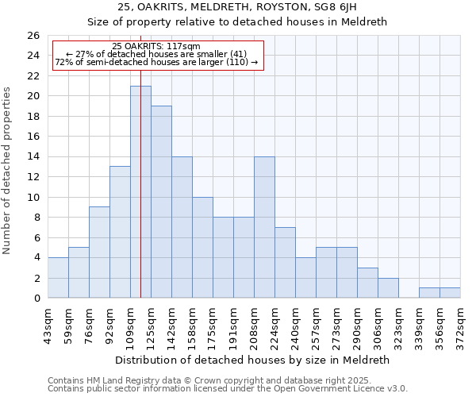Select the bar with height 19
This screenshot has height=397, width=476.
pyautogui.click(x=161, y=202)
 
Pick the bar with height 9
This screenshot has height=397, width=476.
pyautogui.click(x=99, y=252)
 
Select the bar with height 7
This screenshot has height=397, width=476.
pyautogui.click(x=285, y=263)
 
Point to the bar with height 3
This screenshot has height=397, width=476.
pyautogui.click(x=367, y=283)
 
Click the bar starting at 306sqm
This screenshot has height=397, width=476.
pyautogui.click(x=388, y=288)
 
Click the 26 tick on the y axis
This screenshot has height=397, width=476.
pyautogui.click(x=33, y=36)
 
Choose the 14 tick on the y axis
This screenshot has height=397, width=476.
pyautogui.click(x=33, y=157)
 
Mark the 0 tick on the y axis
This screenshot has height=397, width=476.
pyautogui.click(x=36, y=299)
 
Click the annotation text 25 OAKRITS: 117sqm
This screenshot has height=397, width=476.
pyautogui.click(x=156, y=47)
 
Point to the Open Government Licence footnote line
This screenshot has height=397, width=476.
pyautogui.click(x=228, y=389)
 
